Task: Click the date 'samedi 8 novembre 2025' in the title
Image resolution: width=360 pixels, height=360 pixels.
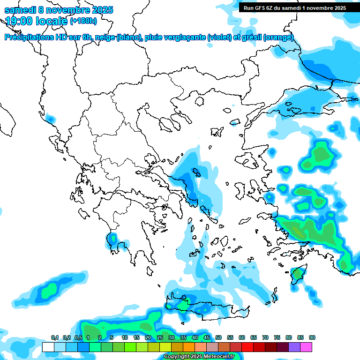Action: [x=59, y=10]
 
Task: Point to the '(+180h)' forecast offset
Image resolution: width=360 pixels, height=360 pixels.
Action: [x=83, y=21]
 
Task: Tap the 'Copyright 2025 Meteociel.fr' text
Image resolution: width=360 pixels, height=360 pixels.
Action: [x=199, y=356]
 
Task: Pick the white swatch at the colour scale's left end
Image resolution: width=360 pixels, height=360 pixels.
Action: [x=48, y=347]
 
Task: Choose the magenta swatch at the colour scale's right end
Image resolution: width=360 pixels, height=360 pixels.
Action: [x=306, y=347]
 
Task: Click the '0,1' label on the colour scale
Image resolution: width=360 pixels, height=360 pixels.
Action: [x=54, y=337]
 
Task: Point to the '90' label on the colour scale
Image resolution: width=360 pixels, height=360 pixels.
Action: [x=312, y=337]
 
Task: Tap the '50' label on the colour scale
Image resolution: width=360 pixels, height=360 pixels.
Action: [x=218, y=337]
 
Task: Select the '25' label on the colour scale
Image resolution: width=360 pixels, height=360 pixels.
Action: [x=160, y=337]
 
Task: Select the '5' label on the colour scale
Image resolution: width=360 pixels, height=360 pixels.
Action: [x=112, y=337]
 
